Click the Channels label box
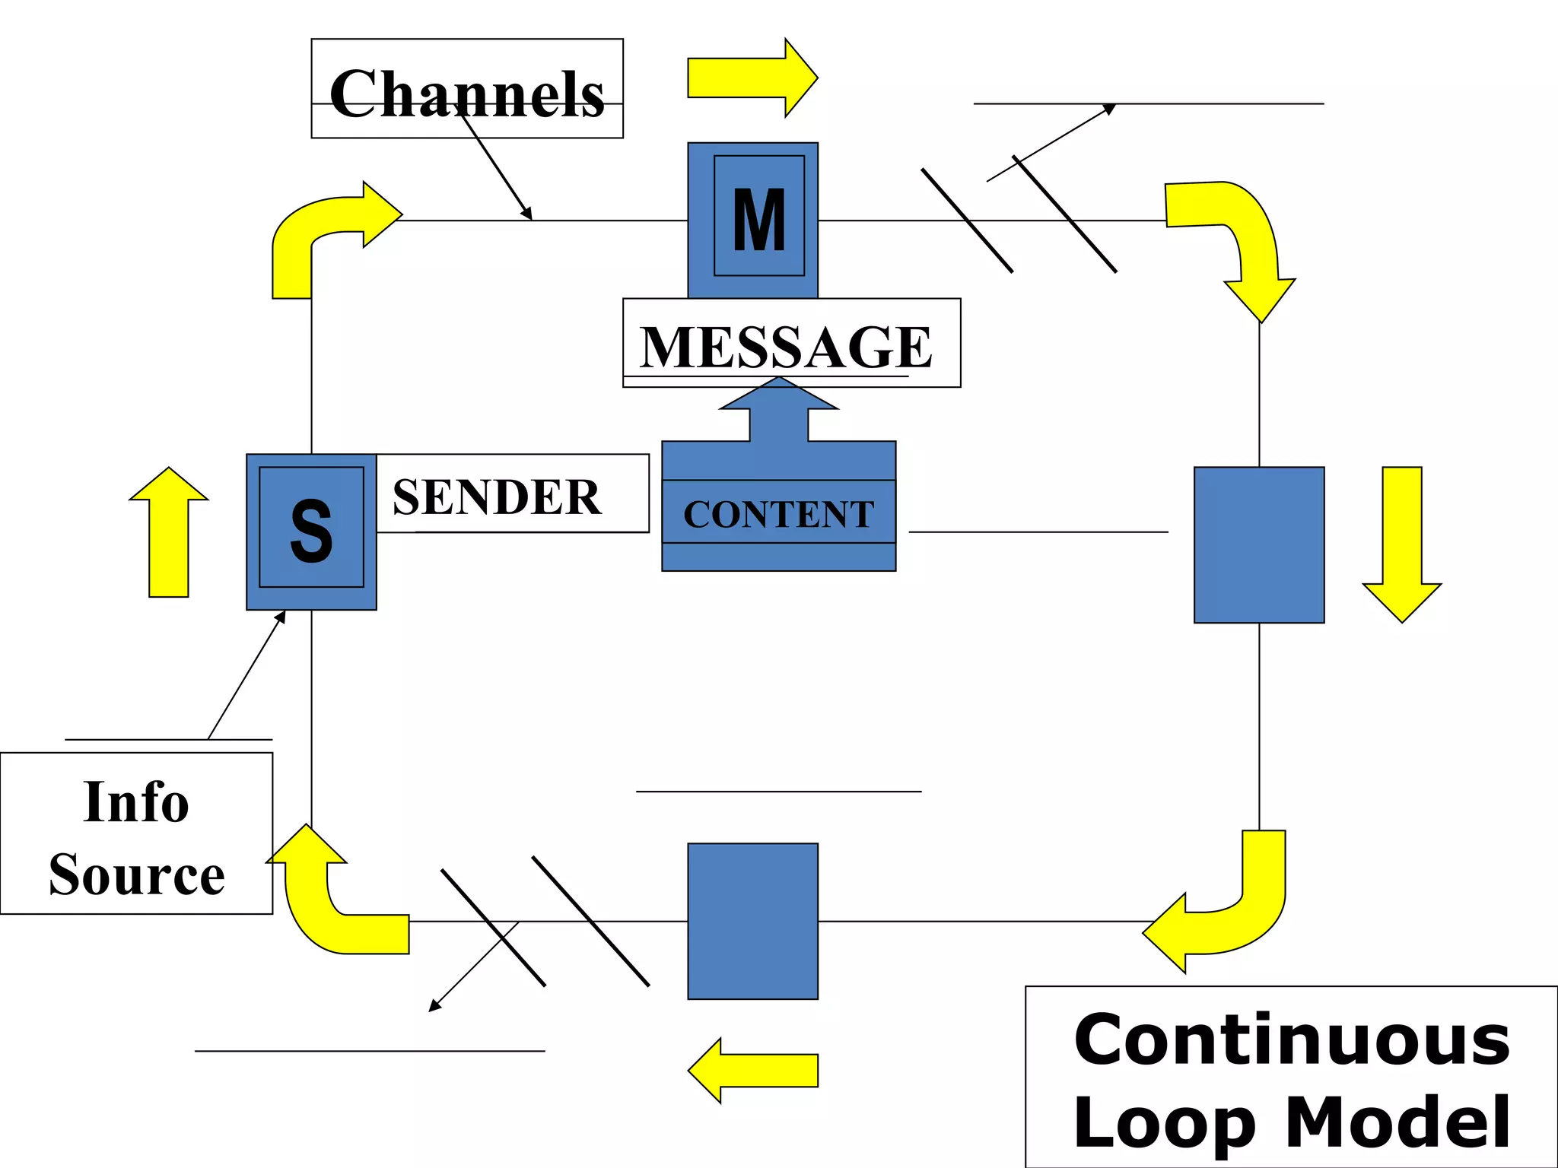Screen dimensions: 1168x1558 click(x=467, y=89)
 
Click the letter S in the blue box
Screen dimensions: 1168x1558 click(x=311, y=530)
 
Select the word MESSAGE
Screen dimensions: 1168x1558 click(x=786, y=346)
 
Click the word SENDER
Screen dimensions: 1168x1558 click(x=497, y=497)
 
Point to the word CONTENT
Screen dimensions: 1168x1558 click(x=778, y=513)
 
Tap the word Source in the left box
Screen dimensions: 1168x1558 click(x=136, y=874)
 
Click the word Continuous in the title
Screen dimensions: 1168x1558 click(x=1291, y=1040)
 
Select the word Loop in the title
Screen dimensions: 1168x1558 click(x=1163, y=1122)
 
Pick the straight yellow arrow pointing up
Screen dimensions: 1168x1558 click(x=169, y=532)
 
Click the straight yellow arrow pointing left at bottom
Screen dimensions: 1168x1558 click(x=753, y=1070)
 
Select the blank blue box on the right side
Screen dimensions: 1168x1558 click(x=1259, y=544)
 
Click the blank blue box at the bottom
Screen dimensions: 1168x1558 click(x=752, y=921)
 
